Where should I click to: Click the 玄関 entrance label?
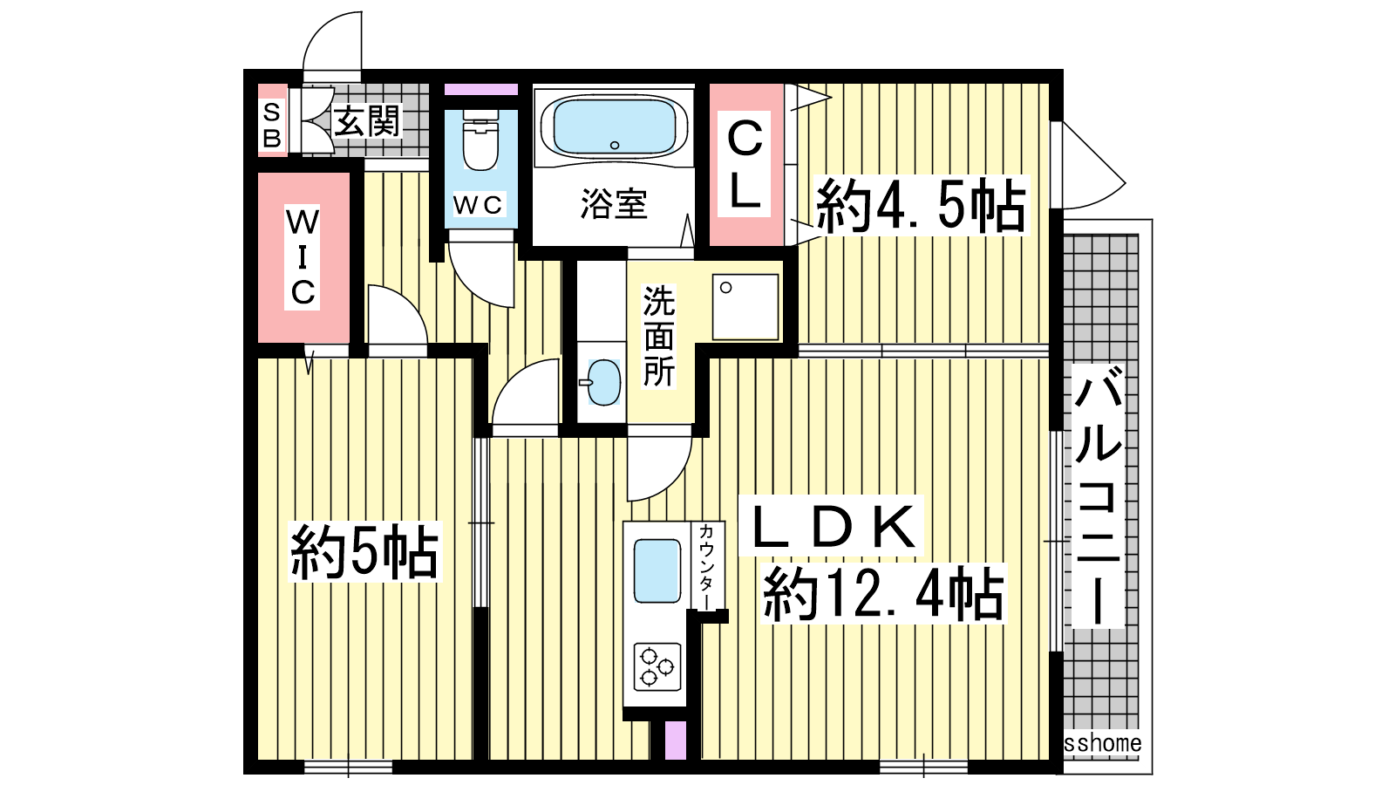367,121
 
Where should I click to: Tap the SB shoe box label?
272,126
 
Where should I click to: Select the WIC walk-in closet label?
302,256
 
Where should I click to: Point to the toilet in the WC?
480,140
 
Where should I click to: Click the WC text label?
477,205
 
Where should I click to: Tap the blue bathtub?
614,127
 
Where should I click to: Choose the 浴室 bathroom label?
614,203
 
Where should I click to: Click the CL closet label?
745,165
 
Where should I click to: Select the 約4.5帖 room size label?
921,206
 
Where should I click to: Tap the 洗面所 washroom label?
659,337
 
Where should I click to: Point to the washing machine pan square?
745,307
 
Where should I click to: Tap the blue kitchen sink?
657,571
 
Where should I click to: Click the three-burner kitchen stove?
657,667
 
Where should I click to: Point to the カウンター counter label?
707,568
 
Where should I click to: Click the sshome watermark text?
1102,743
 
